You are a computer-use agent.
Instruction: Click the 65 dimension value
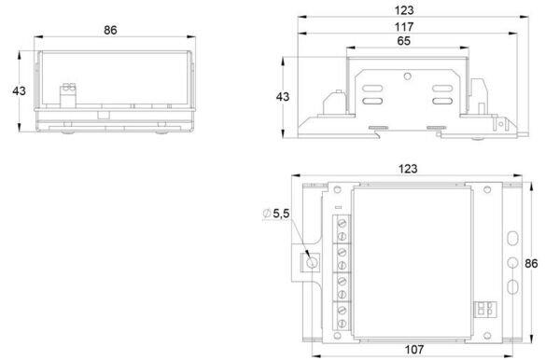click(x=403, y=41)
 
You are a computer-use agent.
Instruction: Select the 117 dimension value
click(x=404, y=27)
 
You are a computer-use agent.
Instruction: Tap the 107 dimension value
click(x=414, y=350)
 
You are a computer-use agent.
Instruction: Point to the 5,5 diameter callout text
click(x=281, y=214)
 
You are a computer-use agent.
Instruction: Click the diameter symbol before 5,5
click(x=266, y=214)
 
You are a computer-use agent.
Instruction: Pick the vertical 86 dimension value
click(x=531, y=263)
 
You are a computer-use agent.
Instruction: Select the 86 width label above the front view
click(x=110, y=30)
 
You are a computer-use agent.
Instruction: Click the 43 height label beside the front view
click(x=19, y=91)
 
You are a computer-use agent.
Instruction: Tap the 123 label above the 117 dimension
click(x=404, y=10)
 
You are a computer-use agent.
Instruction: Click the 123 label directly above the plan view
click(x=408, y=169)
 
